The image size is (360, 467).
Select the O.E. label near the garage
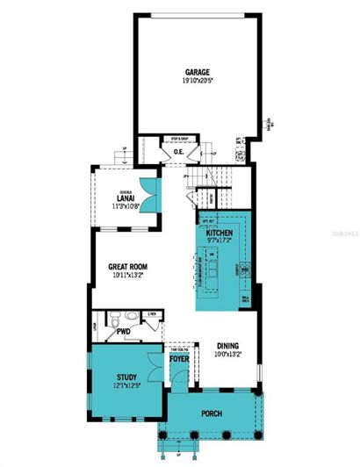pyautogui.click(x=178, y=152)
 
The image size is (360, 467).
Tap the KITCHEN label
pyautogui.click(x=220, y=233)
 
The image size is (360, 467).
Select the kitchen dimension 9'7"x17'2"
pyautogui.click(x=220, y=241)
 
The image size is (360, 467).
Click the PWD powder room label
pyautogui.click(x=123, y=333)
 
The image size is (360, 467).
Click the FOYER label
pyautogui.click(x=179, y=358)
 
